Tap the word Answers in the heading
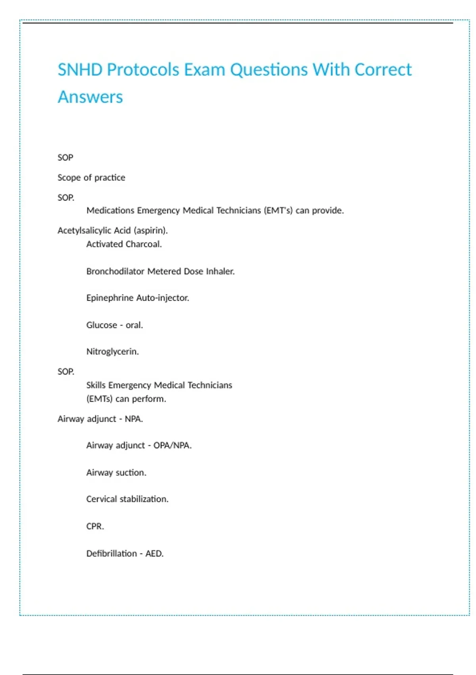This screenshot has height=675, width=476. [x=90, y=97]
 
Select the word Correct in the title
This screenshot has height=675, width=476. [x=383, y=70]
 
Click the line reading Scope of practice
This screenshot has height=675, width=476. [x=91, y=177]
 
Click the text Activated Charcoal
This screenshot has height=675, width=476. [x=124, y=244]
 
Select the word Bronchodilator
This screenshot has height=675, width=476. [x=115, y=272]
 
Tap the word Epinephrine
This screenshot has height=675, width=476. [x=110, y=298]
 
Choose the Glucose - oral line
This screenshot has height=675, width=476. [x=114, y=325]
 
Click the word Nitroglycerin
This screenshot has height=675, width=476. [x=112, y=352]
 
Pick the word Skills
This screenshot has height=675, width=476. [x=96, y=385]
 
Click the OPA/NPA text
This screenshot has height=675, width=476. [x=172, y=445]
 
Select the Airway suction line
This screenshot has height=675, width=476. [x=116, y=472]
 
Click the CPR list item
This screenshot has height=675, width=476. [x=95, y=526]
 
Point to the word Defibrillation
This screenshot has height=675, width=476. [x=111, y=553]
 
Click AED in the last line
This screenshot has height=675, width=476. [x=154, y=553]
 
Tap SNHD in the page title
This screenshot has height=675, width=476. [x=80, y=70]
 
